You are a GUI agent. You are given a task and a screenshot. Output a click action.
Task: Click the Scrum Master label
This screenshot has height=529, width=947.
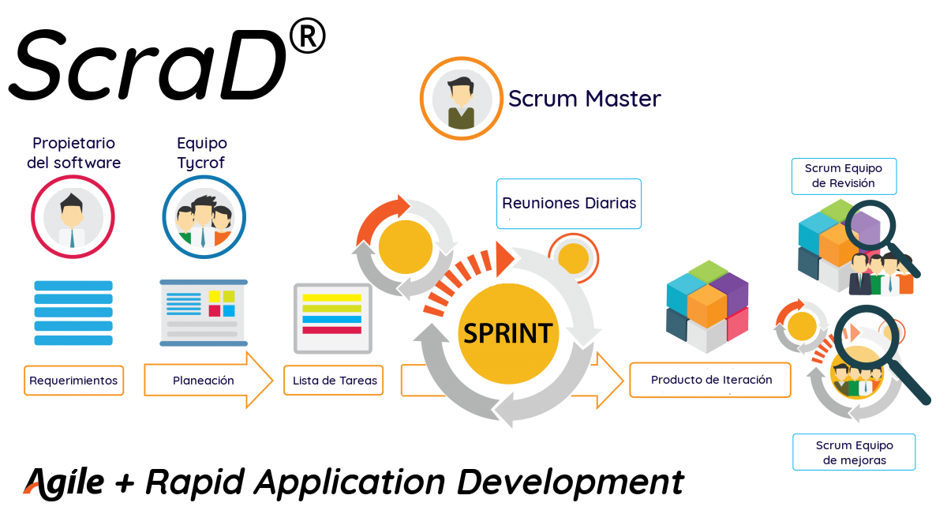[584, 99]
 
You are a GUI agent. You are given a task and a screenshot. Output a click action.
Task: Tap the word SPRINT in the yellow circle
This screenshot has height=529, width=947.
[507, 333]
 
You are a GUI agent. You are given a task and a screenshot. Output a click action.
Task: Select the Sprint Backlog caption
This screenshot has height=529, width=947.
[339, 400]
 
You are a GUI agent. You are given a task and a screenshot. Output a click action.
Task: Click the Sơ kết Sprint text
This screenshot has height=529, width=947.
[844, 200]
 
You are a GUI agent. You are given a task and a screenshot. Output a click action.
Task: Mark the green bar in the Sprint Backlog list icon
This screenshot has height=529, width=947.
[332, 309]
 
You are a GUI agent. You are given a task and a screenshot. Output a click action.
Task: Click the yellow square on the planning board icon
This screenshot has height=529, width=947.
[229, 297]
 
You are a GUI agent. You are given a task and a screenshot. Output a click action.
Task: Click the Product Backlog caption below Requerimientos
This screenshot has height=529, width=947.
[73, 402]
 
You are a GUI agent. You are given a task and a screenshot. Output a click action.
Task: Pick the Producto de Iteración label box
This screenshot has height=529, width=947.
[710, 380]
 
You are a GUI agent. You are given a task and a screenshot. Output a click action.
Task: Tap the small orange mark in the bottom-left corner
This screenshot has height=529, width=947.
[29, 487]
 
